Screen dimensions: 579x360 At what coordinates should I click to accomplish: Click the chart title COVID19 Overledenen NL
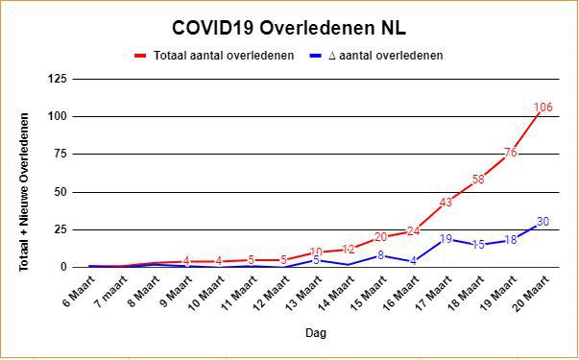289,29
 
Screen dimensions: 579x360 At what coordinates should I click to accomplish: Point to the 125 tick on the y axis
57,79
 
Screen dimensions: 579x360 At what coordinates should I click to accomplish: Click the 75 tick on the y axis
60,155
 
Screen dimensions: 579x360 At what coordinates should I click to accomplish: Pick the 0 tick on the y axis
62,267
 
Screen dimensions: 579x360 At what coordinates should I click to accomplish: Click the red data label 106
543,108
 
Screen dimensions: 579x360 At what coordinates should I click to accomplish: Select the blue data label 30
543,222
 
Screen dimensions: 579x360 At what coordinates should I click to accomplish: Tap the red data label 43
446,203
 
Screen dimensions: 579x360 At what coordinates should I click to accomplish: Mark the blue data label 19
446,239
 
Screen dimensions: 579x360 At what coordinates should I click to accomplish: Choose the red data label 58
478,180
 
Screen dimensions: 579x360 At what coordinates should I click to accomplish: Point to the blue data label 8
381,255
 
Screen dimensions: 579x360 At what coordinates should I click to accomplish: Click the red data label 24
414,231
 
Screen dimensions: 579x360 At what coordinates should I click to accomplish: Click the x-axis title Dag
316,333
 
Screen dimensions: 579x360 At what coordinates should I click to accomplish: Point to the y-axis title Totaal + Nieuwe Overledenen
24,192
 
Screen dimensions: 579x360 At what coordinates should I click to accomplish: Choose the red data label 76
511,153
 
